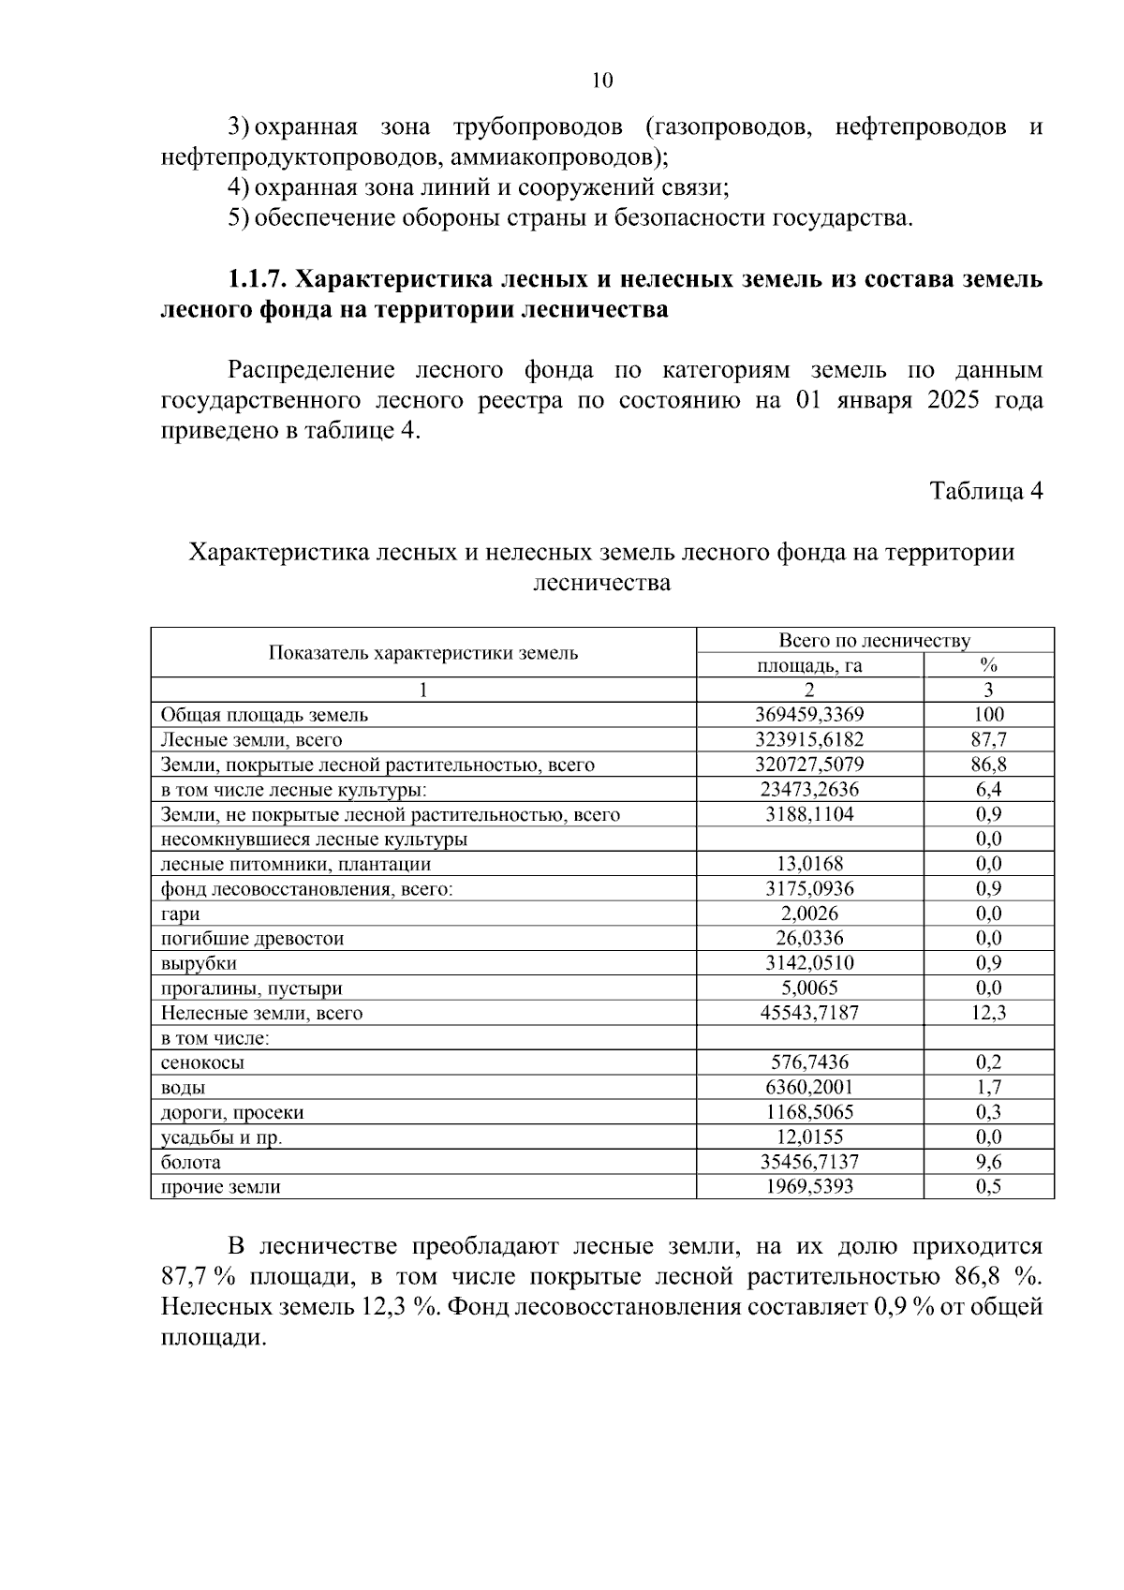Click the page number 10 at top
pos(602,81)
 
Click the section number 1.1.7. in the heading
pos(257,279)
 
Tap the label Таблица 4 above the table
pos(985,491)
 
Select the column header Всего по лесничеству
pos(875,641)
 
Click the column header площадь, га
pos(809,666)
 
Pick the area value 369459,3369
pos(809,715)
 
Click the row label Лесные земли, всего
pos(252,740)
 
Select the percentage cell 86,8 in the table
pos(988,765)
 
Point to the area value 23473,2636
pos(809,790)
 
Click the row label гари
pos(180,914)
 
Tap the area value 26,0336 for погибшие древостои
pos(809,939)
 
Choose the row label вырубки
pos(199,963)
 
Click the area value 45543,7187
pos(809,1013)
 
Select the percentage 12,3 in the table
pos(988,1013)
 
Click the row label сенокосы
pos(202,1063)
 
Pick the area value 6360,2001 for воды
pos(809,1088)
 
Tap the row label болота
pos(191,1163)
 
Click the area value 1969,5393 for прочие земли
pos(809,1187)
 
